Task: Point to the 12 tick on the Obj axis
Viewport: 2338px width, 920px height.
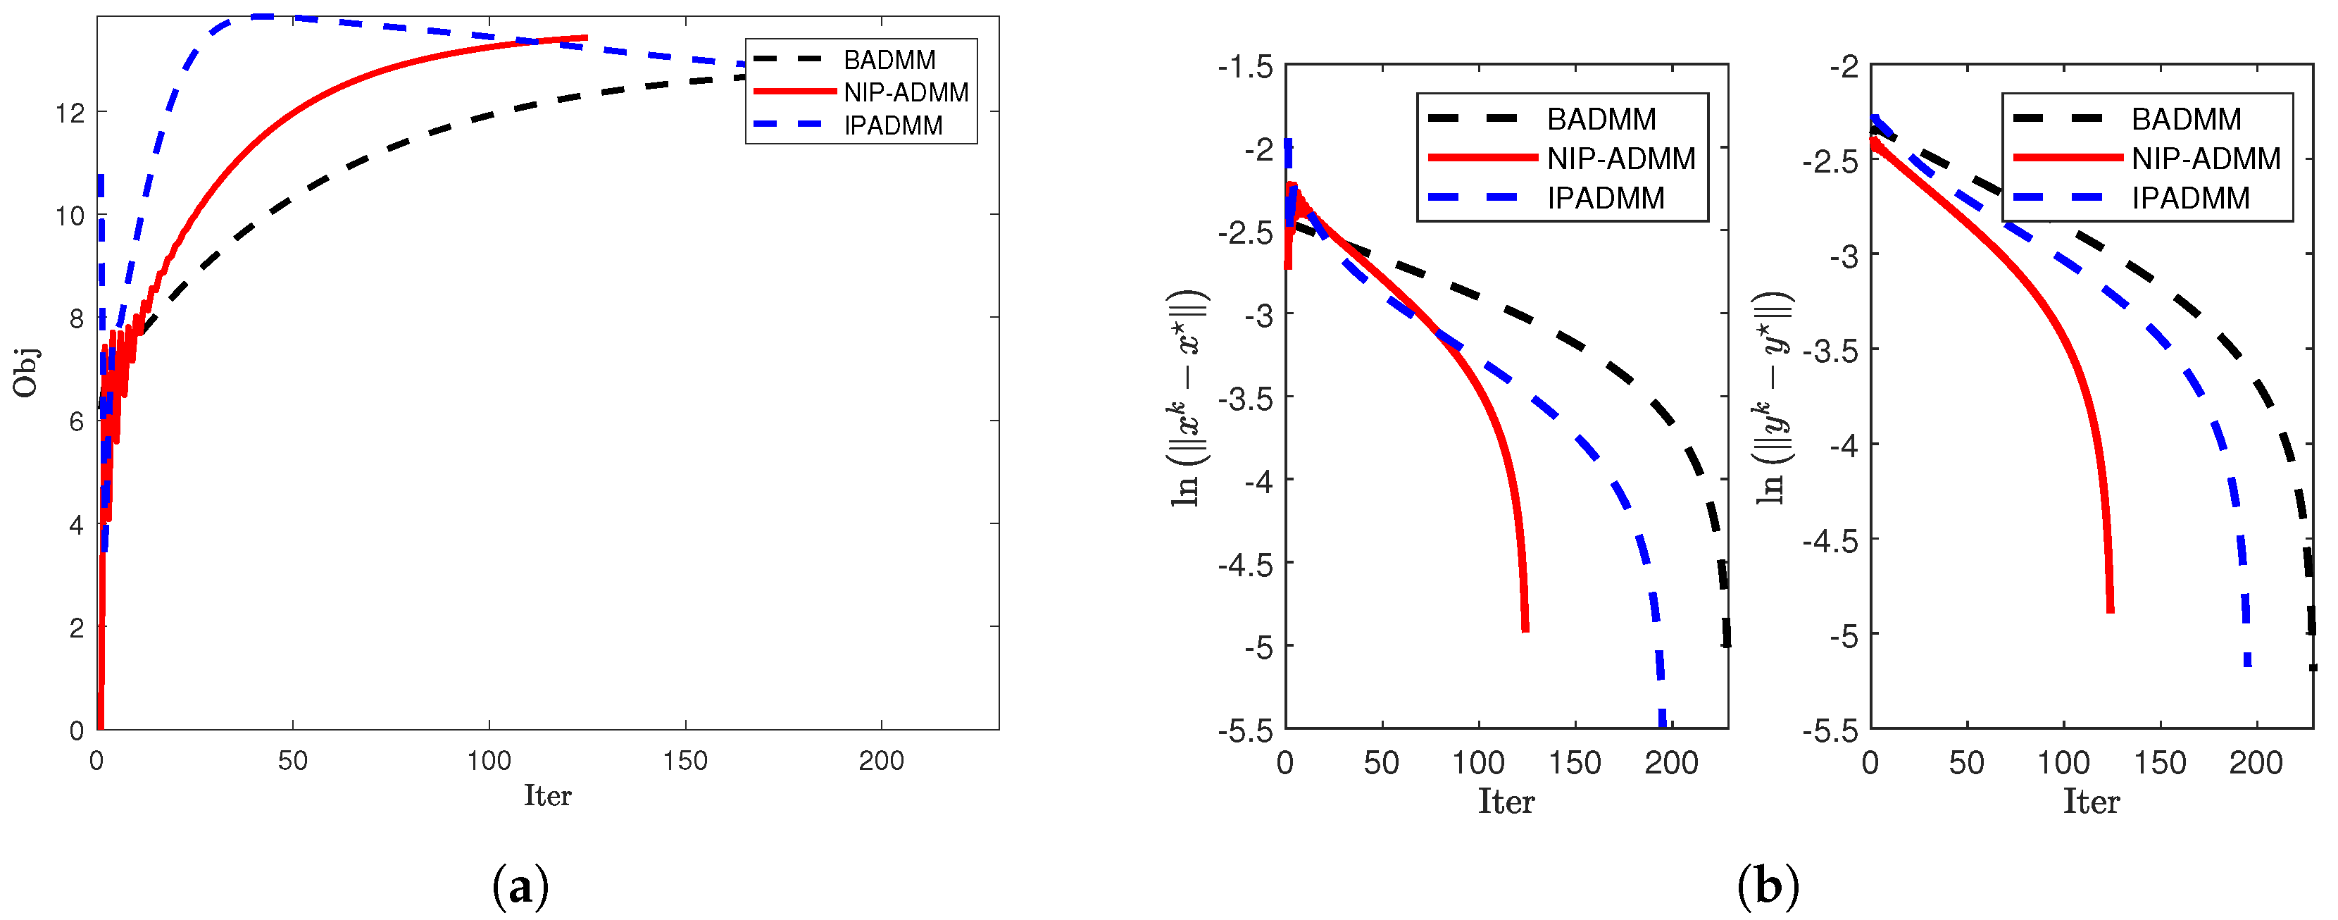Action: point(70,113)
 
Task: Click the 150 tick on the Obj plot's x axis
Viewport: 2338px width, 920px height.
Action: point(684,761)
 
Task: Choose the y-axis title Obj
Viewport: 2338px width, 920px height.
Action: point(25,373)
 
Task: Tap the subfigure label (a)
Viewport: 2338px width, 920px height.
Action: point(520,886)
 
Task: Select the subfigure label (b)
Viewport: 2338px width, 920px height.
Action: point(1767,886)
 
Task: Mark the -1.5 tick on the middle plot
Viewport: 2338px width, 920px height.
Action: point(1244,67)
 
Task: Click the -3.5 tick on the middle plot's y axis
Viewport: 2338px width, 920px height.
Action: point(1244,399)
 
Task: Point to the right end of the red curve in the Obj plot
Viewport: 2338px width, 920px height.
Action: point(585,37)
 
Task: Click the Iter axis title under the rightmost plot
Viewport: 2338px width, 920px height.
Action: point(2091,802)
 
